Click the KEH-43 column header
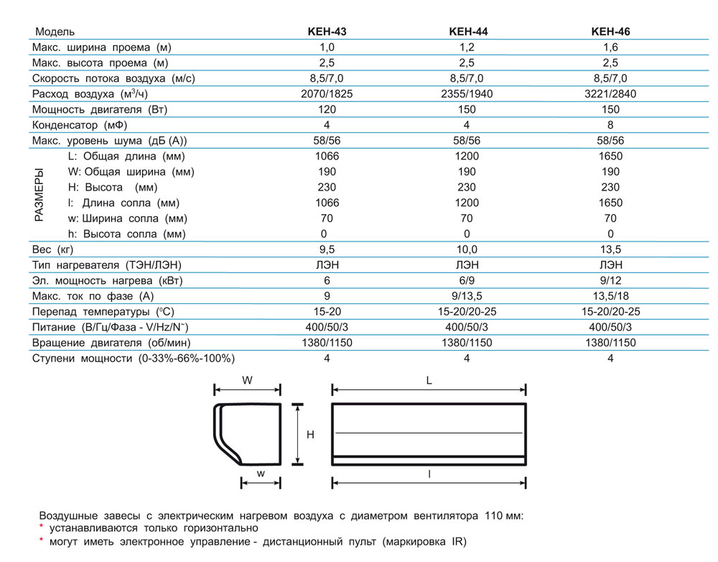327,32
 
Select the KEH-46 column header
610,32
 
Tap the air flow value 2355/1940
466,94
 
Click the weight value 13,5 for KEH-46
610,249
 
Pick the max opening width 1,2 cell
467,47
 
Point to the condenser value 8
610,125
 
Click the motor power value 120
327,110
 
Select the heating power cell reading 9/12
610,280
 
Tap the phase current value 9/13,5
467,296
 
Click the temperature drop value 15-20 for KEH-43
327,312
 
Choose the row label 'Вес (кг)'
53,249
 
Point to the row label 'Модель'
55,32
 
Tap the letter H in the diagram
310,435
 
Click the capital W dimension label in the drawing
247,381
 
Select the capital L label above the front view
428,381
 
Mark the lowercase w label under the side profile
261,473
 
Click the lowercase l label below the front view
428,474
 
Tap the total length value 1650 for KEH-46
610,156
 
